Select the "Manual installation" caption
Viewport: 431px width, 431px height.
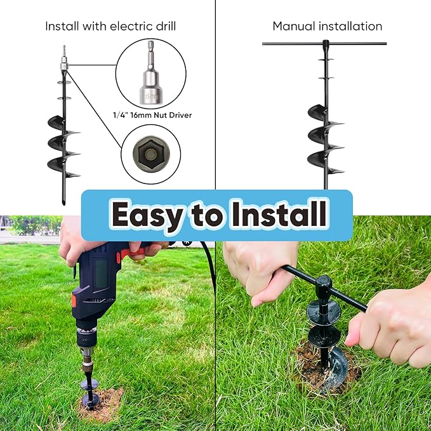[327, 26]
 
